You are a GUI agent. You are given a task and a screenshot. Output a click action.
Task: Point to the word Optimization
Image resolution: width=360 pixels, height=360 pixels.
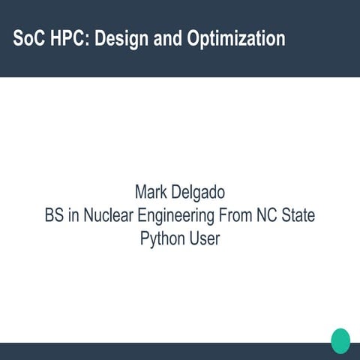click(239, 38)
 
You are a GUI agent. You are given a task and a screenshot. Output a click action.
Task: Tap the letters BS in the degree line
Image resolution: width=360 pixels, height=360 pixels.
click(55, 215)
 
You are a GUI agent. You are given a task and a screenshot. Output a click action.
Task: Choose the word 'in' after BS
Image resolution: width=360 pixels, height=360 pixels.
click(73, 215)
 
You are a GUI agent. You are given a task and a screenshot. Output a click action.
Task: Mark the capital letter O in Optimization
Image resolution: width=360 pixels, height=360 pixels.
click(199, 38)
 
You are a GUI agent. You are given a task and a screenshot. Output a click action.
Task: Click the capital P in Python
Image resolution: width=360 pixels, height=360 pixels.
click(145, 239)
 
